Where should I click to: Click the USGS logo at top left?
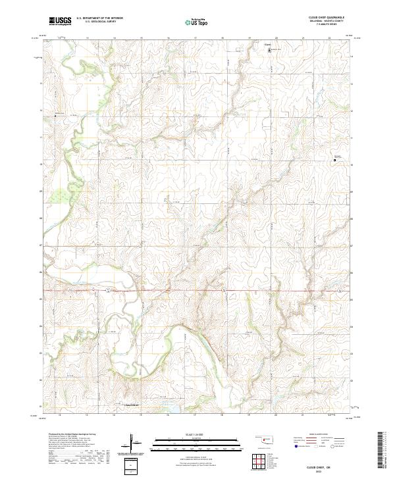[60, 21]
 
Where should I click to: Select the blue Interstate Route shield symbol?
[296, 447]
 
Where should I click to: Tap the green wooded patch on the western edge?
[60, 195]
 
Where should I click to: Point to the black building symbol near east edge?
[335, 160]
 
